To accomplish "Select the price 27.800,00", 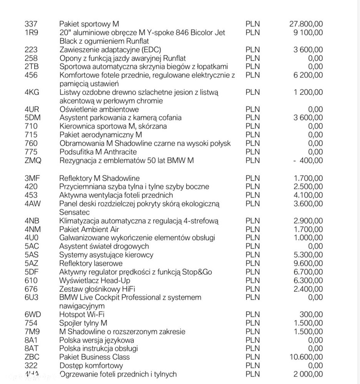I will coord(306,24).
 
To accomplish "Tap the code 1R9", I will coord(31,33).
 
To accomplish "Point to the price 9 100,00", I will coord(308,33).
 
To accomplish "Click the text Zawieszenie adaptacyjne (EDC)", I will coord(110,50).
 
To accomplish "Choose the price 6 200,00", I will coord(308,75).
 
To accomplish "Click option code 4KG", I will coord(32,92).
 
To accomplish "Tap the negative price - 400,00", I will coord(308,160).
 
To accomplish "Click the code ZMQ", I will coord(32,160).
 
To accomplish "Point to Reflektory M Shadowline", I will coord(100,178).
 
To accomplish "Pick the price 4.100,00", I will coord(308,195).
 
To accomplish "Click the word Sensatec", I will coord(75,212).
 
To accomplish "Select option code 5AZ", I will coord(32,263).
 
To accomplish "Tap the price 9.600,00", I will coord(308,263).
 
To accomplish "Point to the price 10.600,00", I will coord(306,357).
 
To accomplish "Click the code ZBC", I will coord(32,357).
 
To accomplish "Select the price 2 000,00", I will coord(308,374).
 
